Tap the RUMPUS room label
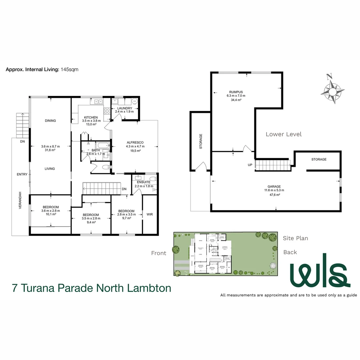236,92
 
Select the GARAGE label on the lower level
274,187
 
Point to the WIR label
150,214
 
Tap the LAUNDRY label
124,108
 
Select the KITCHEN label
91,117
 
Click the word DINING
50,121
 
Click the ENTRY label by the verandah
22,174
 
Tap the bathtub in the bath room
102,146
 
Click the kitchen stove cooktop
107,111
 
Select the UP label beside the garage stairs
250,165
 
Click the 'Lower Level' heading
284,134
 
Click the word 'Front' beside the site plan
159,253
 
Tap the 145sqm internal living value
69,70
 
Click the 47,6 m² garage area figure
274,195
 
